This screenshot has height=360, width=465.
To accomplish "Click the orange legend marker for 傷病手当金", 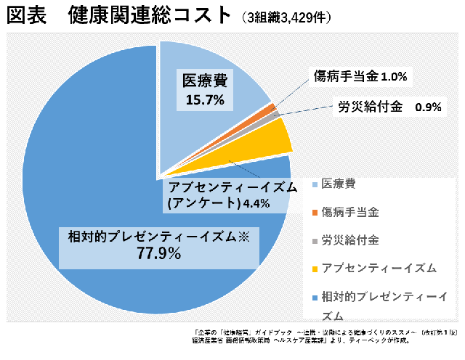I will tap(315, 213).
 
